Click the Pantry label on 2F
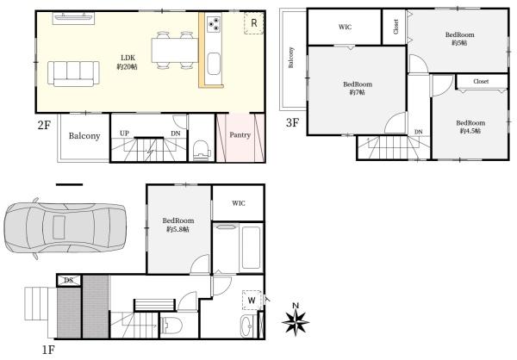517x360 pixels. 240,135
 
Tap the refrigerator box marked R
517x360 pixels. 254,23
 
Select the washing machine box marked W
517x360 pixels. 252,300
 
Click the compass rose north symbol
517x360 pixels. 296,319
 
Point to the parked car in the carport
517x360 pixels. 65,228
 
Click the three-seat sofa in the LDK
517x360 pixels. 73,73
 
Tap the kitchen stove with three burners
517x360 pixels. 214,24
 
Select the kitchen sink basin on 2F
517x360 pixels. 214,64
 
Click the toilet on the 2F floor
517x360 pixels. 202,151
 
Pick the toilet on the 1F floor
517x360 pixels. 173,325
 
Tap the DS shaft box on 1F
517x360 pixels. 69,280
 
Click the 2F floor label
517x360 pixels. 44,125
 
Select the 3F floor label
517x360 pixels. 292,122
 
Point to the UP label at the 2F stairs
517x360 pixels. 124,133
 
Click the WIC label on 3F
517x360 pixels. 345,27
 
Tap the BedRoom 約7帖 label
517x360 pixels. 358,89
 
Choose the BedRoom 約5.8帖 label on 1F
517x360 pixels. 178,225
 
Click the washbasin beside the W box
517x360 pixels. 246,326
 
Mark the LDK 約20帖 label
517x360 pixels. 128,62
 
